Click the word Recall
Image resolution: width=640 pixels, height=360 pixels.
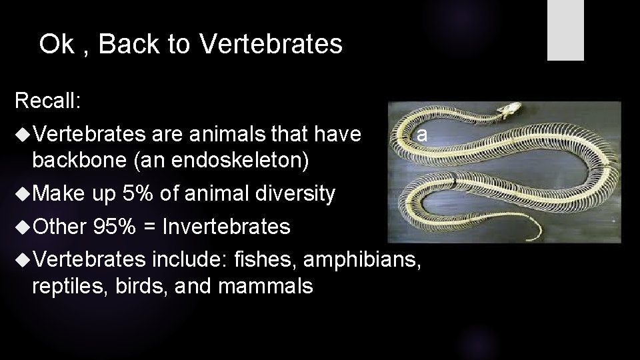(x=47, y=101)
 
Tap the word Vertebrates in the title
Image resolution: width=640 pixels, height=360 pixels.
(x=271, y=45)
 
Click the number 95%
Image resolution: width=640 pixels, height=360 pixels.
(x=115, y=227)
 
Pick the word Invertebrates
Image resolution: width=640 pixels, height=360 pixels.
(x=227, y=227)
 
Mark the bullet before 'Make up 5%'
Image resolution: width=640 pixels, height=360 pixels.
(x=22, y=194)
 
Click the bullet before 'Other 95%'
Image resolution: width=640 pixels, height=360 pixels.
(x=22, y=227)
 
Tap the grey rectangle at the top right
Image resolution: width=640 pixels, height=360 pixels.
(x=565, y=30)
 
